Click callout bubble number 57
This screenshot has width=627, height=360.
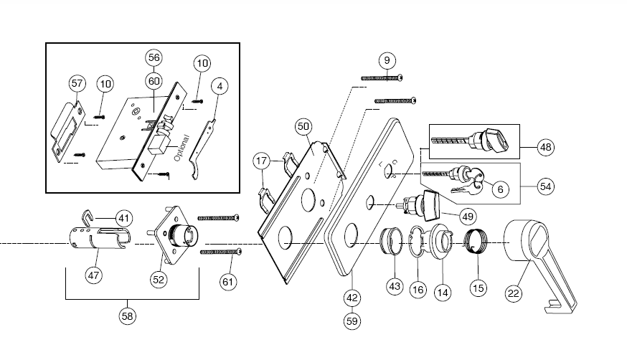point(77,83)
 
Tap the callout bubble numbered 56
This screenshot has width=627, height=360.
point(154,57)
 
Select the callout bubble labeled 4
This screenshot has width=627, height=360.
point(220,86)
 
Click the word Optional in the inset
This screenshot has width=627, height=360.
point(181,148)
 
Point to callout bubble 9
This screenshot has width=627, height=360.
point(387,60)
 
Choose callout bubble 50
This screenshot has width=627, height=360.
point(303,127)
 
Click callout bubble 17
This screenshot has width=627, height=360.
point(262,161)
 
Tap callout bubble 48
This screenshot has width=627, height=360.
point(546,148)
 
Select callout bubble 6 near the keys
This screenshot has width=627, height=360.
point(500,189)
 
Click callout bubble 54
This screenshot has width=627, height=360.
point(546,186)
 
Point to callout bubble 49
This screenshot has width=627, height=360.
point(468,217)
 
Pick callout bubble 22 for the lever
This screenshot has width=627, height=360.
point(514,294)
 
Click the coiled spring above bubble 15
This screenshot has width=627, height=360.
point(476,241)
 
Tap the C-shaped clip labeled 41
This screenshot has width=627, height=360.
point(88,216)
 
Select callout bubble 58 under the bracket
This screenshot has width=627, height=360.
point(127,316)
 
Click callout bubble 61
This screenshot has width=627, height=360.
point(228,282)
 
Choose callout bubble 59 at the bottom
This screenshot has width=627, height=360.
point(352,321)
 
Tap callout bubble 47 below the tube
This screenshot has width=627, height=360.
point(93,275)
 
